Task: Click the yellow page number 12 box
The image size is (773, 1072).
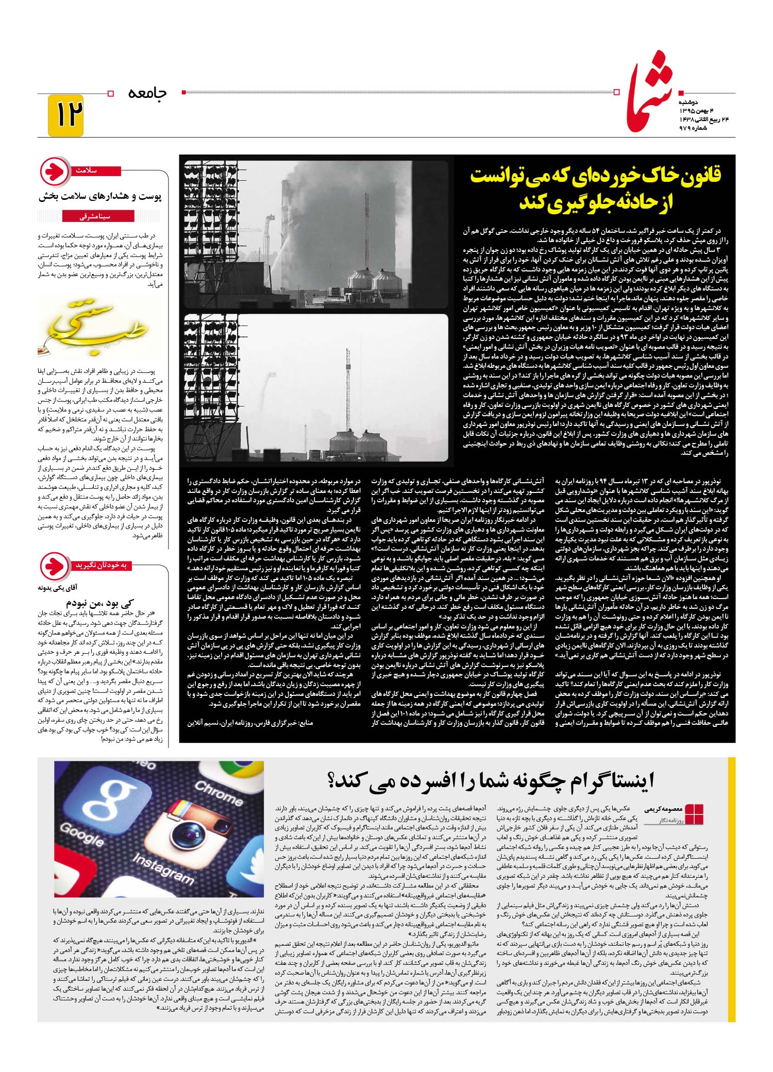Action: click(65, 115)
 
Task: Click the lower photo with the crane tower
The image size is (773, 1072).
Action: click(315, 387)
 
